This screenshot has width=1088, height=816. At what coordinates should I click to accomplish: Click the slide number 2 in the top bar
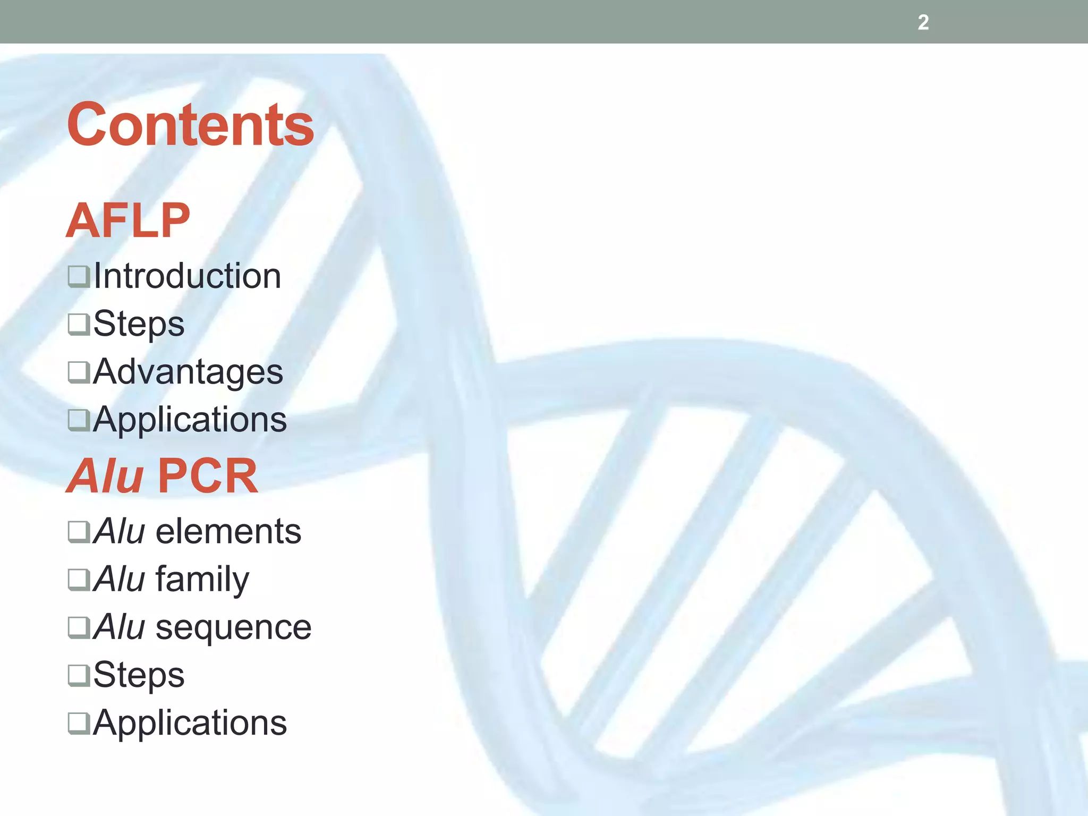(923, 22)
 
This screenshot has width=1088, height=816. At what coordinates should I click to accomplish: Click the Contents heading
(190, 125)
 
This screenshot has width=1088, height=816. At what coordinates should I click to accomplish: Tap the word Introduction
(187, 276)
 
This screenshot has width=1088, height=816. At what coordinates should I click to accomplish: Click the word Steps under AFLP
(139, 324)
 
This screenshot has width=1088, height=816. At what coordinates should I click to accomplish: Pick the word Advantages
(188, 371)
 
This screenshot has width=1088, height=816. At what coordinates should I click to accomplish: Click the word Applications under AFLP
(190, 420)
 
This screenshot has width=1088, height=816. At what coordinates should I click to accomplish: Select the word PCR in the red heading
(207, 475)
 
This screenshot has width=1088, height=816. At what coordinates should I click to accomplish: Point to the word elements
(228, 531)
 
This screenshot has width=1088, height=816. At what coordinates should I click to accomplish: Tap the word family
(202, 579)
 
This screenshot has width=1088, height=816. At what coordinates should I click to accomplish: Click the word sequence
(233, 627)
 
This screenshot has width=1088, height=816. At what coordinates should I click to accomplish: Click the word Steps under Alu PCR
(139, 675)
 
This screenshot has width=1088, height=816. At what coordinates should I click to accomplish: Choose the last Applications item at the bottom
(190, 723)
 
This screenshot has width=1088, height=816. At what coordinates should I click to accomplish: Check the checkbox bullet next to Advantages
(79, 372)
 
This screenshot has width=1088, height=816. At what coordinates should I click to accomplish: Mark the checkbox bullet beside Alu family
(79, 580)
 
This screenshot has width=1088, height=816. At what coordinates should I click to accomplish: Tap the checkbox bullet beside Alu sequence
(79, 627)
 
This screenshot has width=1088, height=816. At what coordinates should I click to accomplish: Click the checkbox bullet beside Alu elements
(79, 532)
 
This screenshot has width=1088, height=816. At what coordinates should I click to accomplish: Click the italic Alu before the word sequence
(119, 627)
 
